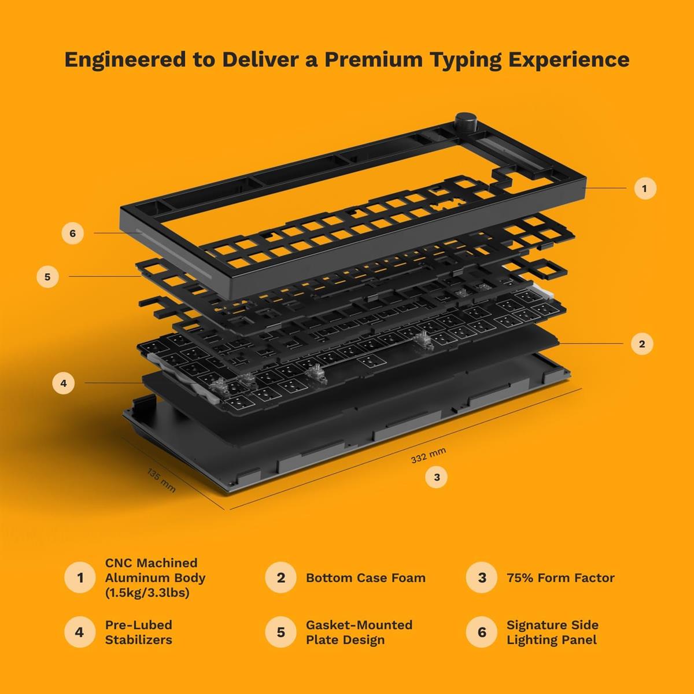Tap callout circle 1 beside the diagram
644,188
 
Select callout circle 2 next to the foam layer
641,344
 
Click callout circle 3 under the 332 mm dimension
437,477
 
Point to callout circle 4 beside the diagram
63,383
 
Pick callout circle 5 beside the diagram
47,276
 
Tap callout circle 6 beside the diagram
72,233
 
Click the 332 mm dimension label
428,456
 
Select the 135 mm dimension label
161,481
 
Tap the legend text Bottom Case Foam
366,578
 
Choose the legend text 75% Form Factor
560,578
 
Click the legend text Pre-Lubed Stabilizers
139,632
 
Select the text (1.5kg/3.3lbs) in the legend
147,593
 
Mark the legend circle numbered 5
280,632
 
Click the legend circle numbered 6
481,632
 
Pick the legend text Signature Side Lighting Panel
552,632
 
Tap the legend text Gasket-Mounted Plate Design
359,632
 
